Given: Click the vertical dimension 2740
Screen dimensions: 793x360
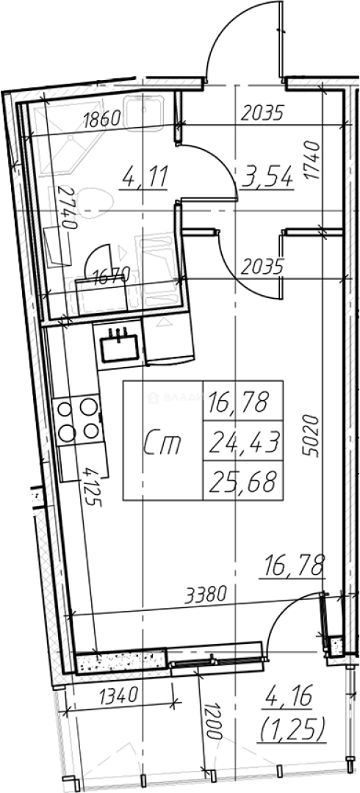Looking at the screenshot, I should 71,209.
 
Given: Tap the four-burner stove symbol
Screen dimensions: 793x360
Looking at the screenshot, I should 77,419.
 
